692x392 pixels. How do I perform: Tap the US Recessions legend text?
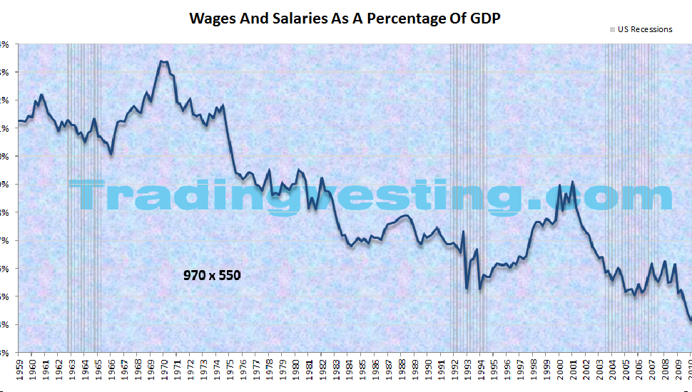(x=645, y=30)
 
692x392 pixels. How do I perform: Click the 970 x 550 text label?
(x=212, y=274)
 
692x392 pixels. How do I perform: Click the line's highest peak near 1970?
(x=162, y=61)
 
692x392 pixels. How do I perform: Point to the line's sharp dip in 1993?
(x=467, y=288)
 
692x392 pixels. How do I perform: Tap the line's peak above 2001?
(x=572, y=182)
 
